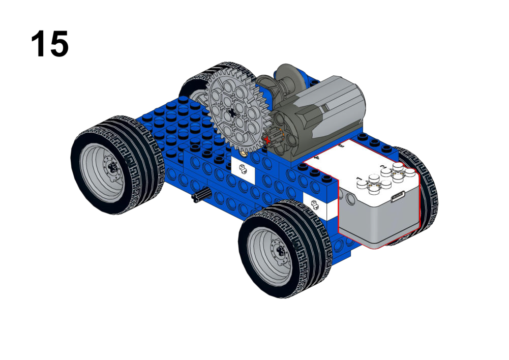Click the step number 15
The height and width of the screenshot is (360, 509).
click(50, 44)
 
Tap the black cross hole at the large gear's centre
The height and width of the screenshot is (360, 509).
click(232, 113)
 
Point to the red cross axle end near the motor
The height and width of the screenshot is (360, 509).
click(267, 140)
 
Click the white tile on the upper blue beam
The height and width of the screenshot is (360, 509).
click(243, 168)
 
